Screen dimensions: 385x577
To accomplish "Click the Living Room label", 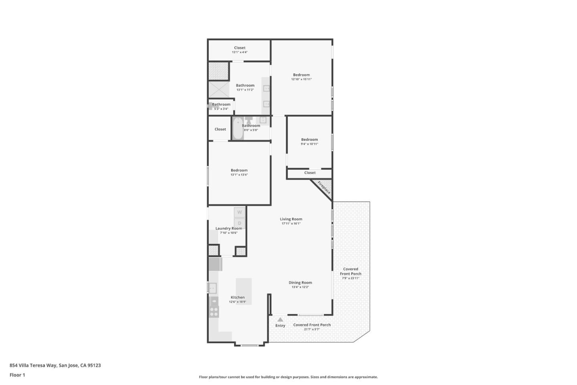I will [x=291, y=219].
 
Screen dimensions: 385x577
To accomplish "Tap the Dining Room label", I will [x=300, y=282].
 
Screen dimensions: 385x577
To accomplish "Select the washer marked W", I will [x=240, y=212].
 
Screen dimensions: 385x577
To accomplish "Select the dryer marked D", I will [x=240, y=223].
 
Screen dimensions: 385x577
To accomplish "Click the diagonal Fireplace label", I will [x=324, y=187].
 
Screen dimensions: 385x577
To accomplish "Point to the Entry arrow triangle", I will [x=280, y=320].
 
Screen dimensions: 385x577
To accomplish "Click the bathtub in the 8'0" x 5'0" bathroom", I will [x=238, y=128].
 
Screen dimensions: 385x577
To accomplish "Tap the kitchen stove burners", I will [x=214, y=312].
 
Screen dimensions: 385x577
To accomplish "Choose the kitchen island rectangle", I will [x=244, y=291].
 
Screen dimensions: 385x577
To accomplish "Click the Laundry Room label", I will [x=228, y=228].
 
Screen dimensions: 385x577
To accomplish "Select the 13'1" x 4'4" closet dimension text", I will [x=240, y=52].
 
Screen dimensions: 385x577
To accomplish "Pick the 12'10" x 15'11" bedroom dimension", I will [x=301, y=79].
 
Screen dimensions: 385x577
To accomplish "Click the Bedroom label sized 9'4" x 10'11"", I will [x=309, y=140].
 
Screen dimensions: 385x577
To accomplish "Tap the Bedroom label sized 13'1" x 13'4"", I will [x=239, y=170].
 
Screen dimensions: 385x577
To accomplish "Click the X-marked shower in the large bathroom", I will [x=219, y=89].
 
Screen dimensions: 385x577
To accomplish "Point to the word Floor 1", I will [x=17, y=375].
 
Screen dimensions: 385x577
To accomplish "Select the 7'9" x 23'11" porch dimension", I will [x=351, y=278].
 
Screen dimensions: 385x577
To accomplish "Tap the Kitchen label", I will [x=238, y=297].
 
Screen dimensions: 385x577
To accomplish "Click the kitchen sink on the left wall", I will [x=212, y=288].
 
